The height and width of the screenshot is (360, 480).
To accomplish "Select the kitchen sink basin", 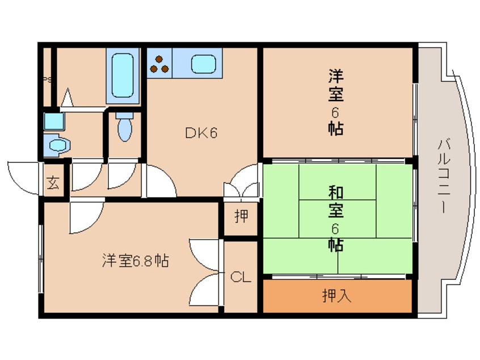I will click(203, 63).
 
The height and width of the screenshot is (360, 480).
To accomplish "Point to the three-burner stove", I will click(159, 63).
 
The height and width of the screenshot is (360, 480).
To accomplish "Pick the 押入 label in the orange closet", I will click(336, 295).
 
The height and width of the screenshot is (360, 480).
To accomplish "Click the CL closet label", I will click(241, 278).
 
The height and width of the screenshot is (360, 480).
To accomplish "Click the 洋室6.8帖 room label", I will click(134, 261).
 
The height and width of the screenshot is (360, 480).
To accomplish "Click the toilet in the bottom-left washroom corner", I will click(57, 145).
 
